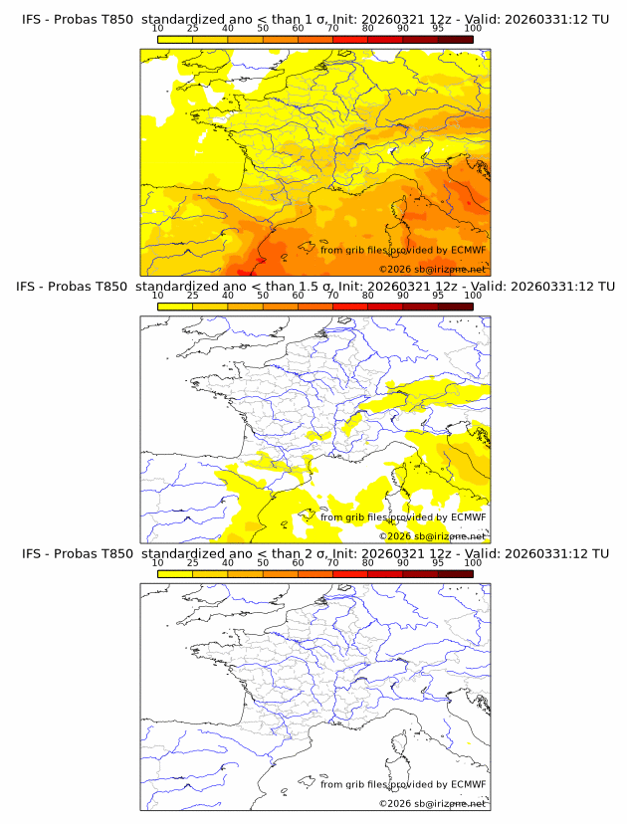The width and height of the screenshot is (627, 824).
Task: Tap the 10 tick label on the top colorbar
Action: click(158, 28)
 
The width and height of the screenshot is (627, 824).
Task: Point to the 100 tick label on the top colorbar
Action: click(473, 28)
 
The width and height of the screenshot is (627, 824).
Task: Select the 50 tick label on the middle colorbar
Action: click(263, 296)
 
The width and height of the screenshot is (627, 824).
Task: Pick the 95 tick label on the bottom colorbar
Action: click(438, 562)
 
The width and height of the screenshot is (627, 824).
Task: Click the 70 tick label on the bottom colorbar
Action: click(332, 562)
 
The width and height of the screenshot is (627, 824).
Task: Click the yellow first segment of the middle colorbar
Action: click(175, 306)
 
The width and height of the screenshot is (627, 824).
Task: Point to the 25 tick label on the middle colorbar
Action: click(193, 296)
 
